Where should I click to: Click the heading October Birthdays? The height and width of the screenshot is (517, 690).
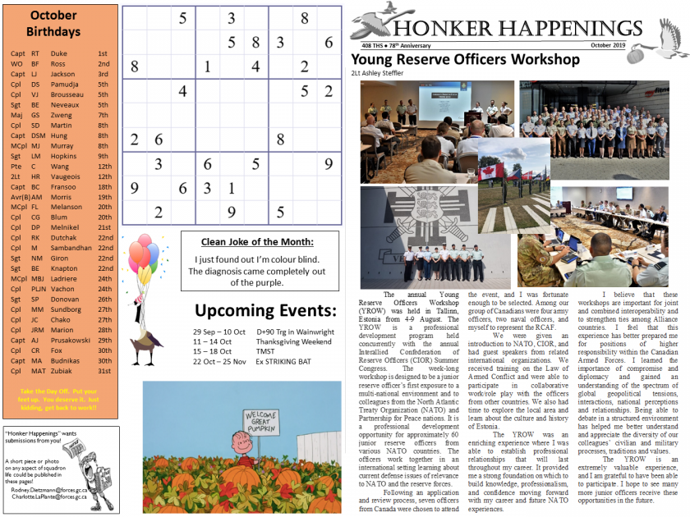[58, 24]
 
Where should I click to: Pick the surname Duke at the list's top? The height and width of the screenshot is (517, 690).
[58, 53]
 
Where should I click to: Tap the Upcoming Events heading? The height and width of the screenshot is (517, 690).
[265, 311]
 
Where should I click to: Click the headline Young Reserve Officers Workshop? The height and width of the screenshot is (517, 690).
[465, 60]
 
